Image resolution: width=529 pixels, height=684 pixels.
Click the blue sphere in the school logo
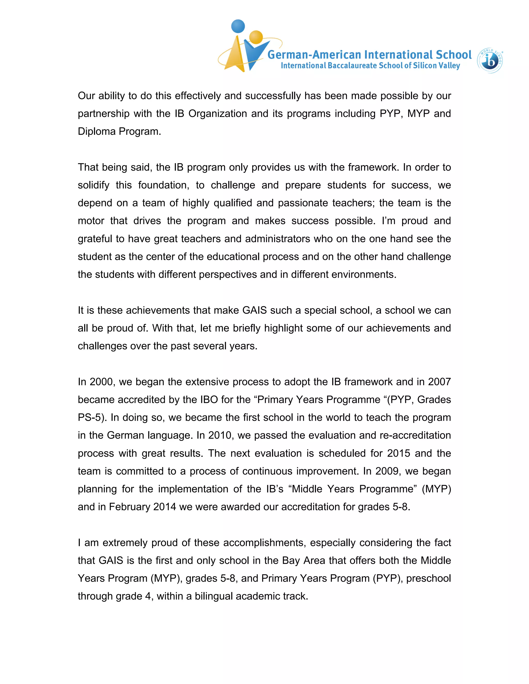click(238, 26)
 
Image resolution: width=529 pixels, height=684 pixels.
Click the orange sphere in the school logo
click(256, 37)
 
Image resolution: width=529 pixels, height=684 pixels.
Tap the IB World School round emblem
click(490, 61)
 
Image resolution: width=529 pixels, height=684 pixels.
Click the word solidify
click(94, 185)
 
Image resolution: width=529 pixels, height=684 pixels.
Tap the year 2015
click(398, 454)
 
